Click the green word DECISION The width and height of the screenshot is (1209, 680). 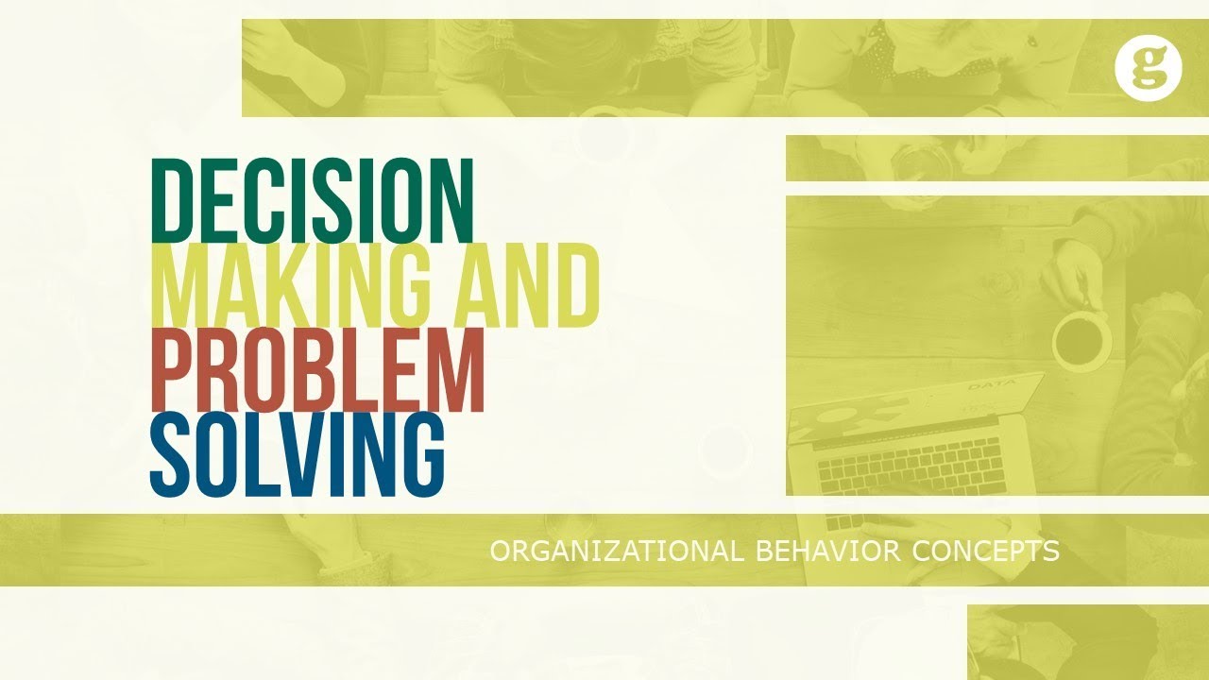[312, 199]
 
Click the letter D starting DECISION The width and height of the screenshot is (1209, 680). [171, 199]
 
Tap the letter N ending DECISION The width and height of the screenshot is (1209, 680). [451, 199]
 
